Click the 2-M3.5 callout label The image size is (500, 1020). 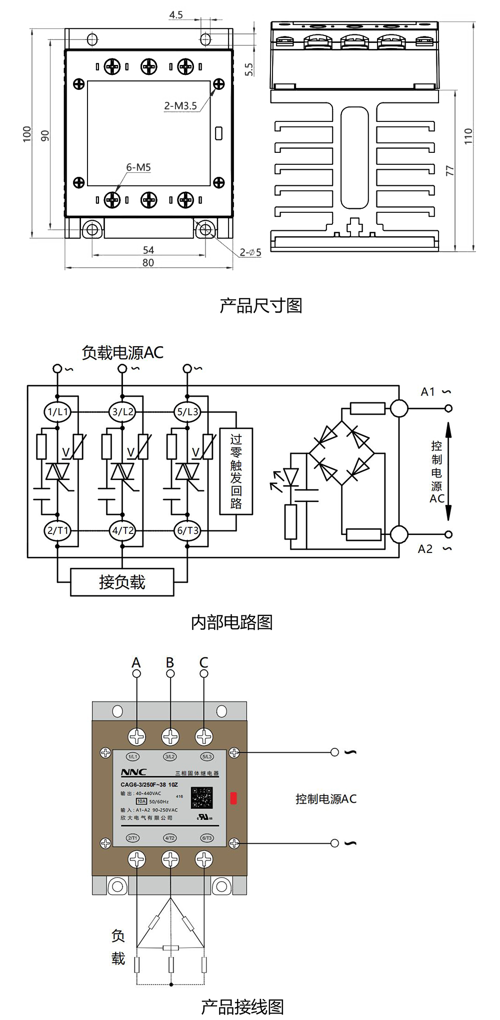coord(180,106)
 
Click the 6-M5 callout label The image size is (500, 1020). coord(138,167)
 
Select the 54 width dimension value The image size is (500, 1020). coord(148,250)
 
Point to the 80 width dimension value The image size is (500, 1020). coord(148,263)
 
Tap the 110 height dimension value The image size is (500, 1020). coord(468,136)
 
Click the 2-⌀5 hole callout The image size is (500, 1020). coord(250,253)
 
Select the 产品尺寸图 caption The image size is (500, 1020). coord(260,306)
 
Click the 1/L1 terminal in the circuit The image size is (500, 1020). coord(57,412)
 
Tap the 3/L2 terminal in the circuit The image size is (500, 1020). coord(122,412)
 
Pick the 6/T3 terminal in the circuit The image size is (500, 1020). coord(187,530)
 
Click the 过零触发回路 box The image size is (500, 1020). coord(236,471)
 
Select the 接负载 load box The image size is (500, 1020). coord(122,582)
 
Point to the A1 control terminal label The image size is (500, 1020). coord(428,392)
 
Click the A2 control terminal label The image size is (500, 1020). coord(425,549)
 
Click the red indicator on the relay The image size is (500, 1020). coord(233,798)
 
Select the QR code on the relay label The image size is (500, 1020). coord(202,798)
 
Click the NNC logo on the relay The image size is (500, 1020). coord(133,772)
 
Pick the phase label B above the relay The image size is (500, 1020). coord(170,662)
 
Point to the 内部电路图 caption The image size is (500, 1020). coord(231,622)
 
